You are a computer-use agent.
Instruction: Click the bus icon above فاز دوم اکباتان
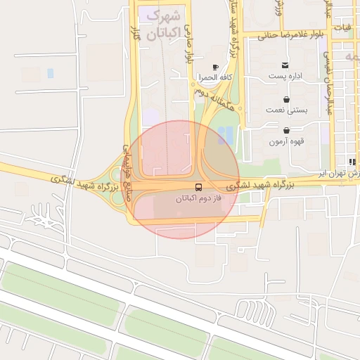tap(198, 188)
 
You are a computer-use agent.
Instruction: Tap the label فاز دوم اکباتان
tap(198, 199)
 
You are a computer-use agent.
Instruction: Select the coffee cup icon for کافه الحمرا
tap(215, 67)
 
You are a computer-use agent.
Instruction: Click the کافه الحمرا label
tap(215, 77)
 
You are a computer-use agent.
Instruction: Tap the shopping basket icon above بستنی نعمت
tap(286, 99)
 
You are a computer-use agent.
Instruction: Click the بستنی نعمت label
tap(285, 110)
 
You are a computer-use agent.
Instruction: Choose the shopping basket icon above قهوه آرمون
tap(286, 131)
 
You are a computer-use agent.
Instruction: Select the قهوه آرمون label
tap(286, 141)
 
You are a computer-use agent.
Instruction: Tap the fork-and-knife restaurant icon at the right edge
tap(352, 162)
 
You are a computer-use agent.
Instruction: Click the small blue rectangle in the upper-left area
tap(50, 73)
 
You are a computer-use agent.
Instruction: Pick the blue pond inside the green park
tap(225, 135)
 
